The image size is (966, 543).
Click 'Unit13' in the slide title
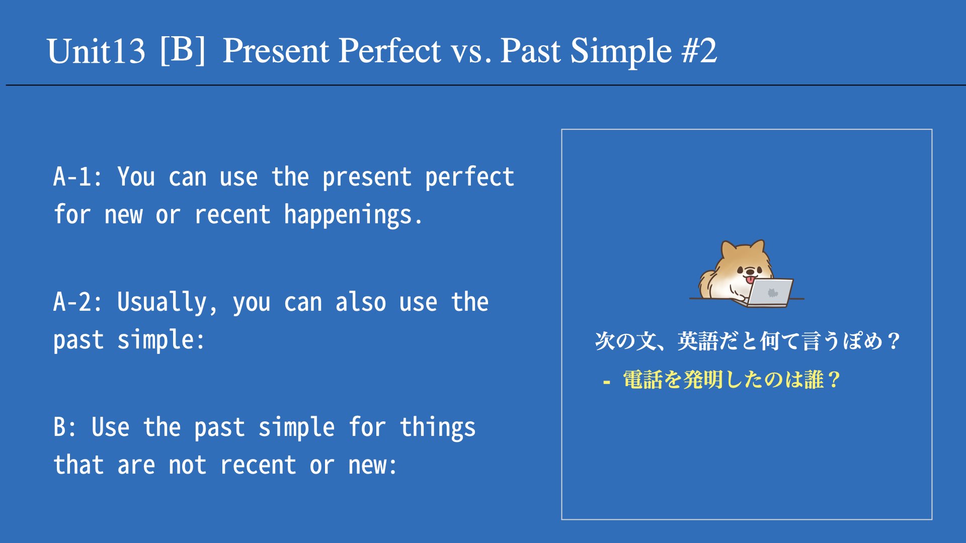click(x=96, y=51)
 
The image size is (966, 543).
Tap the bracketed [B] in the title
click(x=183, y=50)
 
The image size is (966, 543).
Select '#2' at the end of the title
click(x=699, y=50)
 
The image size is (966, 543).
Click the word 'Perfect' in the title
click(x=390, y=50)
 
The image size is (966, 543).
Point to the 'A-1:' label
click(x=78, y=177)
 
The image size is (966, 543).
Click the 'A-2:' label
click(x=78, y=302)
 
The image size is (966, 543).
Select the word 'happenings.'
click(x=353, y=215)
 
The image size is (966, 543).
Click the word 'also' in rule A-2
click(x=361, y=302)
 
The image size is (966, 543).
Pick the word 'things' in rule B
click(x=438, y=428)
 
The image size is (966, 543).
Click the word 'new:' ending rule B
click(x=372, y=466)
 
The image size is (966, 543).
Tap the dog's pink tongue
click(x=750, y=280)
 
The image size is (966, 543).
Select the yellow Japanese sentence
click(x=732, y=380)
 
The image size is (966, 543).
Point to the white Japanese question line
click(x=747, y=341)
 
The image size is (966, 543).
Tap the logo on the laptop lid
click(x=772, y=292)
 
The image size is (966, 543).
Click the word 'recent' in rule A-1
click(x=232, y=215)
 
